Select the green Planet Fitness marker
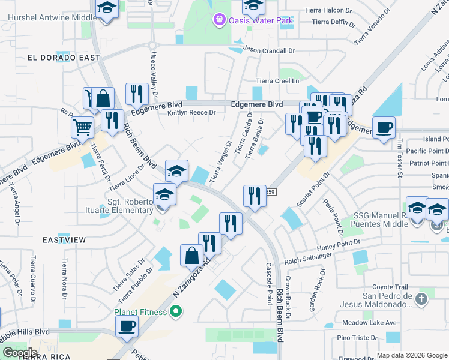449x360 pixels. coord(175,311)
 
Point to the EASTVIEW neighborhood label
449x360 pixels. coord(64,239)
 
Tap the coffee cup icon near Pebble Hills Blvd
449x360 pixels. coord(127,326)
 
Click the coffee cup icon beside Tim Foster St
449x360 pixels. coord(384,127)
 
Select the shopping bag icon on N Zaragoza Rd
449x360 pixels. coord(191,255)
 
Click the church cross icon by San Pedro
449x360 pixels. coord(422,299)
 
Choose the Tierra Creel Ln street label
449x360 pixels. coord(277,80)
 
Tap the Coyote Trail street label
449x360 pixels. coord(390,287)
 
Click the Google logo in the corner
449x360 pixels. coord(19,353)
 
